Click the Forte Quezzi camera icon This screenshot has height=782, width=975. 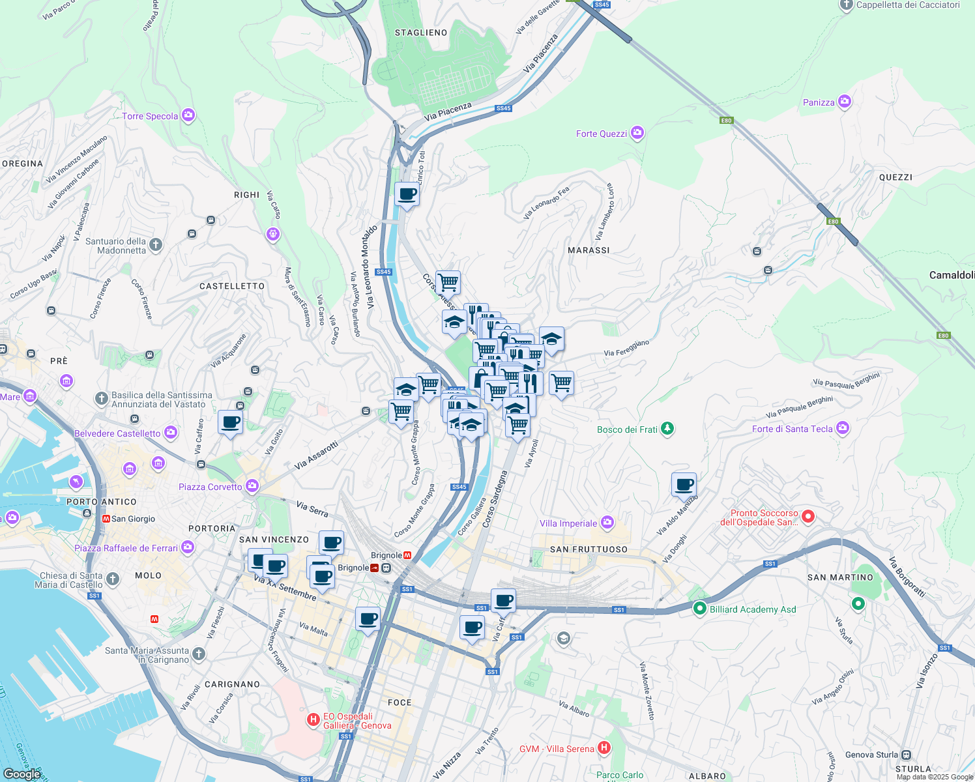point(637,134)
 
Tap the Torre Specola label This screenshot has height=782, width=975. point(150,116)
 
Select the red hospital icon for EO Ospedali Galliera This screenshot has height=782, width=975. point(313,720)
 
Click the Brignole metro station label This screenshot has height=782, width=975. point(386,555)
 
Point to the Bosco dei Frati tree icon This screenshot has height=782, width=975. point(667,429)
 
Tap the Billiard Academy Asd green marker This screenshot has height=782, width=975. point(700,609)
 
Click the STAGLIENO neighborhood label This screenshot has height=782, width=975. point(421,33)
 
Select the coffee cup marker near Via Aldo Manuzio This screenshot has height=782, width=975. point(684,485)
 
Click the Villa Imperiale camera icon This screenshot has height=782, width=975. point(607,523)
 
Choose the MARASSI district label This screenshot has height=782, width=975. point(589,250)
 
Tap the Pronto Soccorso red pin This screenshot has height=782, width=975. point(808,517)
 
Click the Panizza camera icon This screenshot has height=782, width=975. point(845,102)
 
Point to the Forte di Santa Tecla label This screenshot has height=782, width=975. point(792,429)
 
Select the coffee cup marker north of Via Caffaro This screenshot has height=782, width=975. point(230,422)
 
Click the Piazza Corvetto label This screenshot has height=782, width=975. point(210,487)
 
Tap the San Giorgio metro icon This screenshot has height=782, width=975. point(106,519)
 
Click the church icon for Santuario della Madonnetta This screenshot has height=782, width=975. point(155,245)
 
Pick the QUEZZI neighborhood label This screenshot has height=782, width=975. point(895,177)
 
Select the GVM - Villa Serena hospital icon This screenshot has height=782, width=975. point(604,748)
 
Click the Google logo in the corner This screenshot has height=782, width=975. point(22,774)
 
